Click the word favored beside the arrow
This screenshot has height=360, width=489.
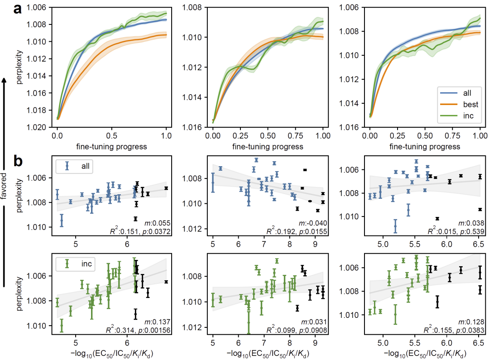pos(4,186)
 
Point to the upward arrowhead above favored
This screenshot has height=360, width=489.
pos(4,80)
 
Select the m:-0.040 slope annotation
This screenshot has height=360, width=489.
pos(315,224)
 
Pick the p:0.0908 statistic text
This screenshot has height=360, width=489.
pos(313,330)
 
